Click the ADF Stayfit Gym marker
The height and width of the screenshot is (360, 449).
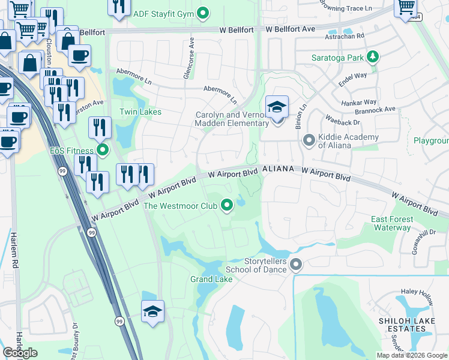pyautogui.click(x=203, y=12)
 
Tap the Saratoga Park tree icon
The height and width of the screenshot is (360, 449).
pyautogui.click(x=373, y=58)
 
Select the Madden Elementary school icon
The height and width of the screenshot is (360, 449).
pyautogui.click(x=277, y=108)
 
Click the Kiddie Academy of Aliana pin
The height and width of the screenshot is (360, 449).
pyautogui.click(x=309, y=140)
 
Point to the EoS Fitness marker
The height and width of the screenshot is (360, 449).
pyautogui.click(x=103, y=150)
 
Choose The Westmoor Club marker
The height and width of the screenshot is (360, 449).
pyautogui.click(x=227, y=206)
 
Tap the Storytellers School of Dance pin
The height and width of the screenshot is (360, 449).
pyautogui.click(x=295, y=264)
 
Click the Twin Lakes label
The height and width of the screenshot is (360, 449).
pyautogui.click(x=140, y=112)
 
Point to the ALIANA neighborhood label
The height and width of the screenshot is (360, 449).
pyautogui.click(x=278, y=169)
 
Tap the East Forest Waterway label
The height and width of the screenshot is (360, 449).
pyautogui.click(x=391, y=223)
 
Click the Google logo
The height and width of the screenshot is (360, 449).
pyautogui.click(x=20, y=353)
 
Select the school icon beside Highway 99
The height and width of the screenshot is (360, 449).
pyautogui.click(x=152, y=312)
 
